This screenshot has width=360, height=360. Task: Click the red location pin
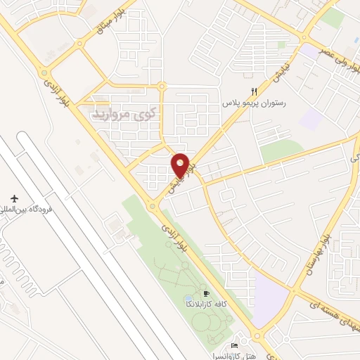point(181,165)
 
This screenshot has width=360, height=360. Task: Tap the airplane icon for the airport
point(13,199)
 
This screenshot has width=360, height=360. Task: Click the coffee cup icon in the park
point(206,293)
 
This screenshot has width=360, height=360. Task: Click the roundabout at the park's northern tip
point(152,206)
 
